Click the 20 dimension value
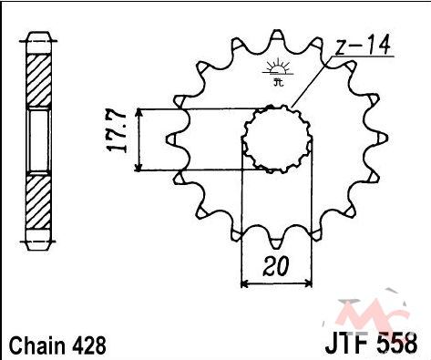[x=275, y=266]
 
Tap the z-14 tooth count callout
[x=363, y=46]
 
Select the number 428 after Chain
[x=89, y=345]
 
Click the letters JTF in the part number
[x=348, y=343]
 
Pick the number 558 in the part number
[x=397, y=343]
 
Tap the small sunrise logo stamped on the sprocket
[x=278, y=73]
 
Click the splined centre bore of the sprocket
[x=278, y=139]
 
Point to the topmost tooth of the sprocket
[x=277, y=36]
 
